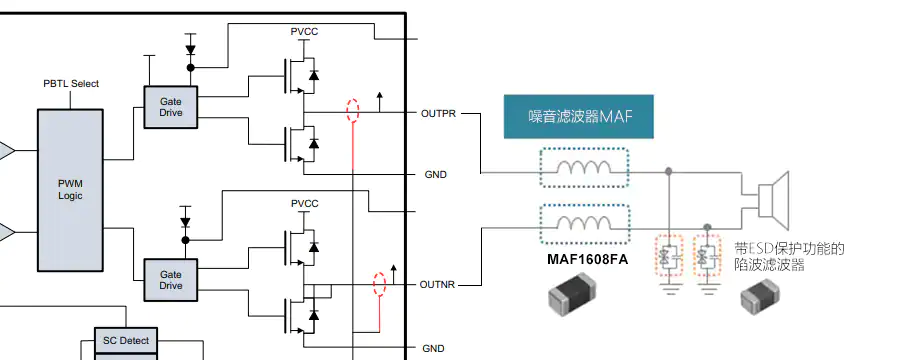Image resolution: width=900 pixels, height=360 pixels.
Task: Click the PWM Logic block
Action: (70, 190)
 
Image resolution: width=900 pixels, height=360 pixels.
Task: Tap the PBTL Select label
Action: (71, 84)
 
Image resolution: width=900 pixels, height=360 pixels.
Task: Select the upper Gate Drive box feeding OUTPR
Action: (170, 107)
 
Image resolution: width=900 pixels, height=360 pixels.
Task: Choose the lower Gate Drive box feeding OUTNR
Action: (170, 278)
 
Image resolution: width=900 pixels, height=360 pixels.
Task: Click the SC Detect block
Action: (126, 342)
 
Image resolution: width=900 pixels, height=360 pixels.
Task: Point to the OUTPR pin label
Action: (438, 114)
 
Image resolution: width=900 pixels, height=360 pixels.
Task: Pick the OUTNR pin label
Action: (438, 285)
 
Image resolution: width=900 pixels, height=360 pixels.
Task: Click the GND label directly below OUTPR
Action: (435, 175)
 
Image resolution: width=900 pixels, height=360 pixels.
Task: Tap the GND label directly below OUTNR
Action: (433, 348)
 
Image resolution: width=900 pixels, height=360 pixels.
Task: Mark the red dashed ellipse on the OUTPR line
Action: (352, 110)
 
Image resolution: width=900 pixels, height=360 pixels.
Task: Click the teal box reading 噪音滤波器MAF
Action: (580, 117)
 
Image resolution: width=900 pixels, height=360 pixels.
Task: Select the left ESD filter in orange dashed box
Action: (668, 258)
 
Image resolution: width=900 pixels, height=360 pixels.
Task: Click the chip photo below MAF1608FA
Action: (572, 297)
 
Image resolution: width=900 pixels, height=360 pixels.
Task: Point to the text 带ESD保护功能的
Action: (789, 249)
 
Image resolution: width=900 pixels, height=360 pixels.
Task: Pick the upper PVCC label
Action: (304, 32)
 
